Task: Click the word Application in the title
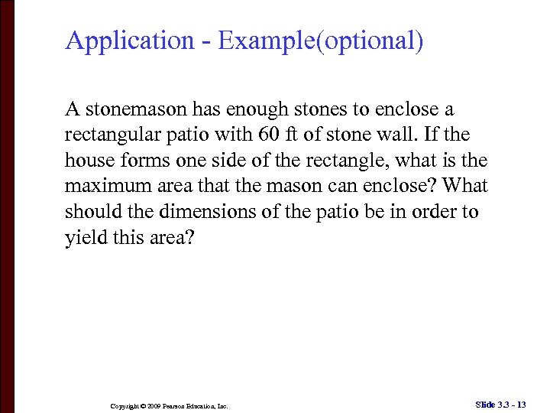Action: click(x=130, y=41)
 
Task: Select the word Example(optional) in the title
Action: click(x=320, y=41)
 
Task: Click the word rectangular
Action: click(x=112, y=135)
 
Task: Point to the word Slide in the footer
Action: click(x=485, y=404)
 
